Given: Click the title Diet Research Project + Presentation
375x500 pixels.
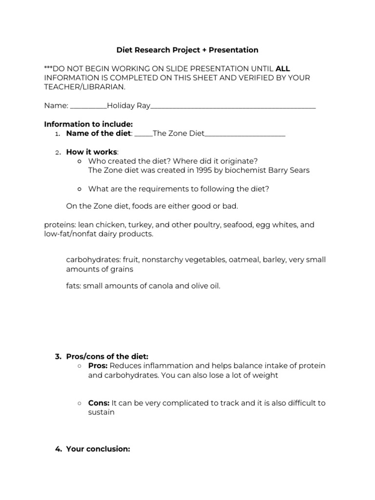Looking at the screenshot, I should (187, 50).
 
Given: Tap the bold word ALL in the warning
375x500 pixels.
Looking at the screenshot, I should (283, 68).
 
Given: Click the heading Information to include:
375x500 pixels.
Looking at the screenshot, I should (88, 124).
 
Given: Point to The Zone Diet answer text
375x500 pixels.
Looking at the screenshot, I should (178, 133).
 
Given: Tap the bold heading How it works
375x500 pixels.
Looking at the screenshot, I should (92, 152).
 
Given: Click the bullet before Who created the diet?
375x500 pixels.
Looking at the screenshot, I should (80, 161).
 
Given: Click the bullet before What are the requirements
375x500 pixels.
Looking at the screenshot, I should (80, 189).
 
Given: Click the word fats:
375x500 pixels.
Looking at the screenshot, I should (73, 286).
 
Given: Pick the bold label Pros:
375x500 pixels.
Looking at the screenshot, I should (98, 366).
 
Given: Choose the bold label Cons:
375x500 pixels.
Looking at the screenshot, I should (99, 403).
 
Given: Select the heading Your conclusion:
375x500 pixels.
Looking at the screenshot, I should (98, 449).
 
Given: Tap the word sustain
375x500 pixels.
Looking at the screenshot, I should (101, 412).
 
